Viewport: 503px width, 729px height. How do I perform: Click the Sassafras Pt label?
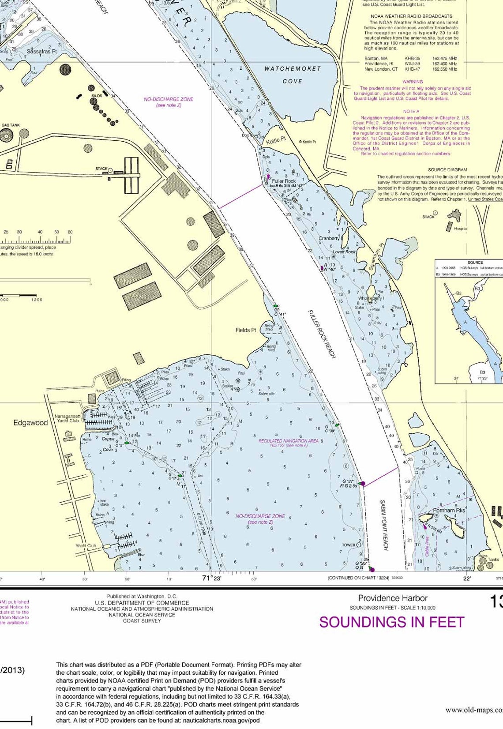[x=41, y=52]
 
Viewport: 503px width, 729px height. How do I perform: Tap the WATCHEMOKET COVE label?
[x=293, y=75]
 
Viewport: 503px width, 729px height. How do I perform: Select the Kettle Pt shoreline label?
[x=276, y=140]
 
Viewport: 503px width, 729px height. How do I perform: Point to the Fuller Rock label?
[x=284, y=181]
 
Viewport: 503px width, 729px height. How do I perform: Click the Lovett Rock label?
[x=344, y=252]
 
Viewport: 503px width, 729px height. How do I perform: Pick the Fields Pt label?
[x=246, y=330]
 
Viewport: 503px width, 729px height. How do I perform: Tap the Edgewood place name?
[x=30, y=423]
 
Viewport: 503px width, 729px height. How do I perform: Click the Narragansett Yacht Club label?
[x=67, y=418]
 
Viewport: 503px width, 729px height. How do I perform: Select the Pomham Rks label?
[x=449, y=510]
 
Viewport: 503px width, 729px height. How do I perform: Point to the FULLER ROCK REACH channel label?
[x=322, y=334]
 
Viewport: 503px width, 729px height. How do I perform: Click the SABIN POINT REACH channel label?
[x=384, y=525]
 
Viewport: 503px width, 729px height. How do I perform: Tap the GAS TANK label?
[x=11, y=125]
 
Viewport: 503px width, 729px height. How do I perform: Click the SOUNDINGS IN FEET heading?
[x=391, y=622]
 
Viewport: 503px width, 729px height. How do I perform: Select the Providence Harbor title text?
[x=393, y=598]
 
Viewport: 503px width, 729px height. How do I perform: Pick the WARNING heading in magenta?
[x=413, y=82]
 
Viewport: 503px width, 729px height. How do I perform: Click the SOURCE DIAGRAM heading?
[x=447, y=169]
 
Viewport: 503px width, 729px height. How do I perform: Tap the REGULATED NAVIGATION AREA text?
[x=288, y=441]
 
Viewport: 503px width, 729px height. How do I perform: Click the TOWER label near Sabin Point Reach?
[x=349, y=545]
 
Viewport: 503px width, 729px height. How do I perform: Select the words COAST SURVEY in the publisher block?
[x=142, y=621]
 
